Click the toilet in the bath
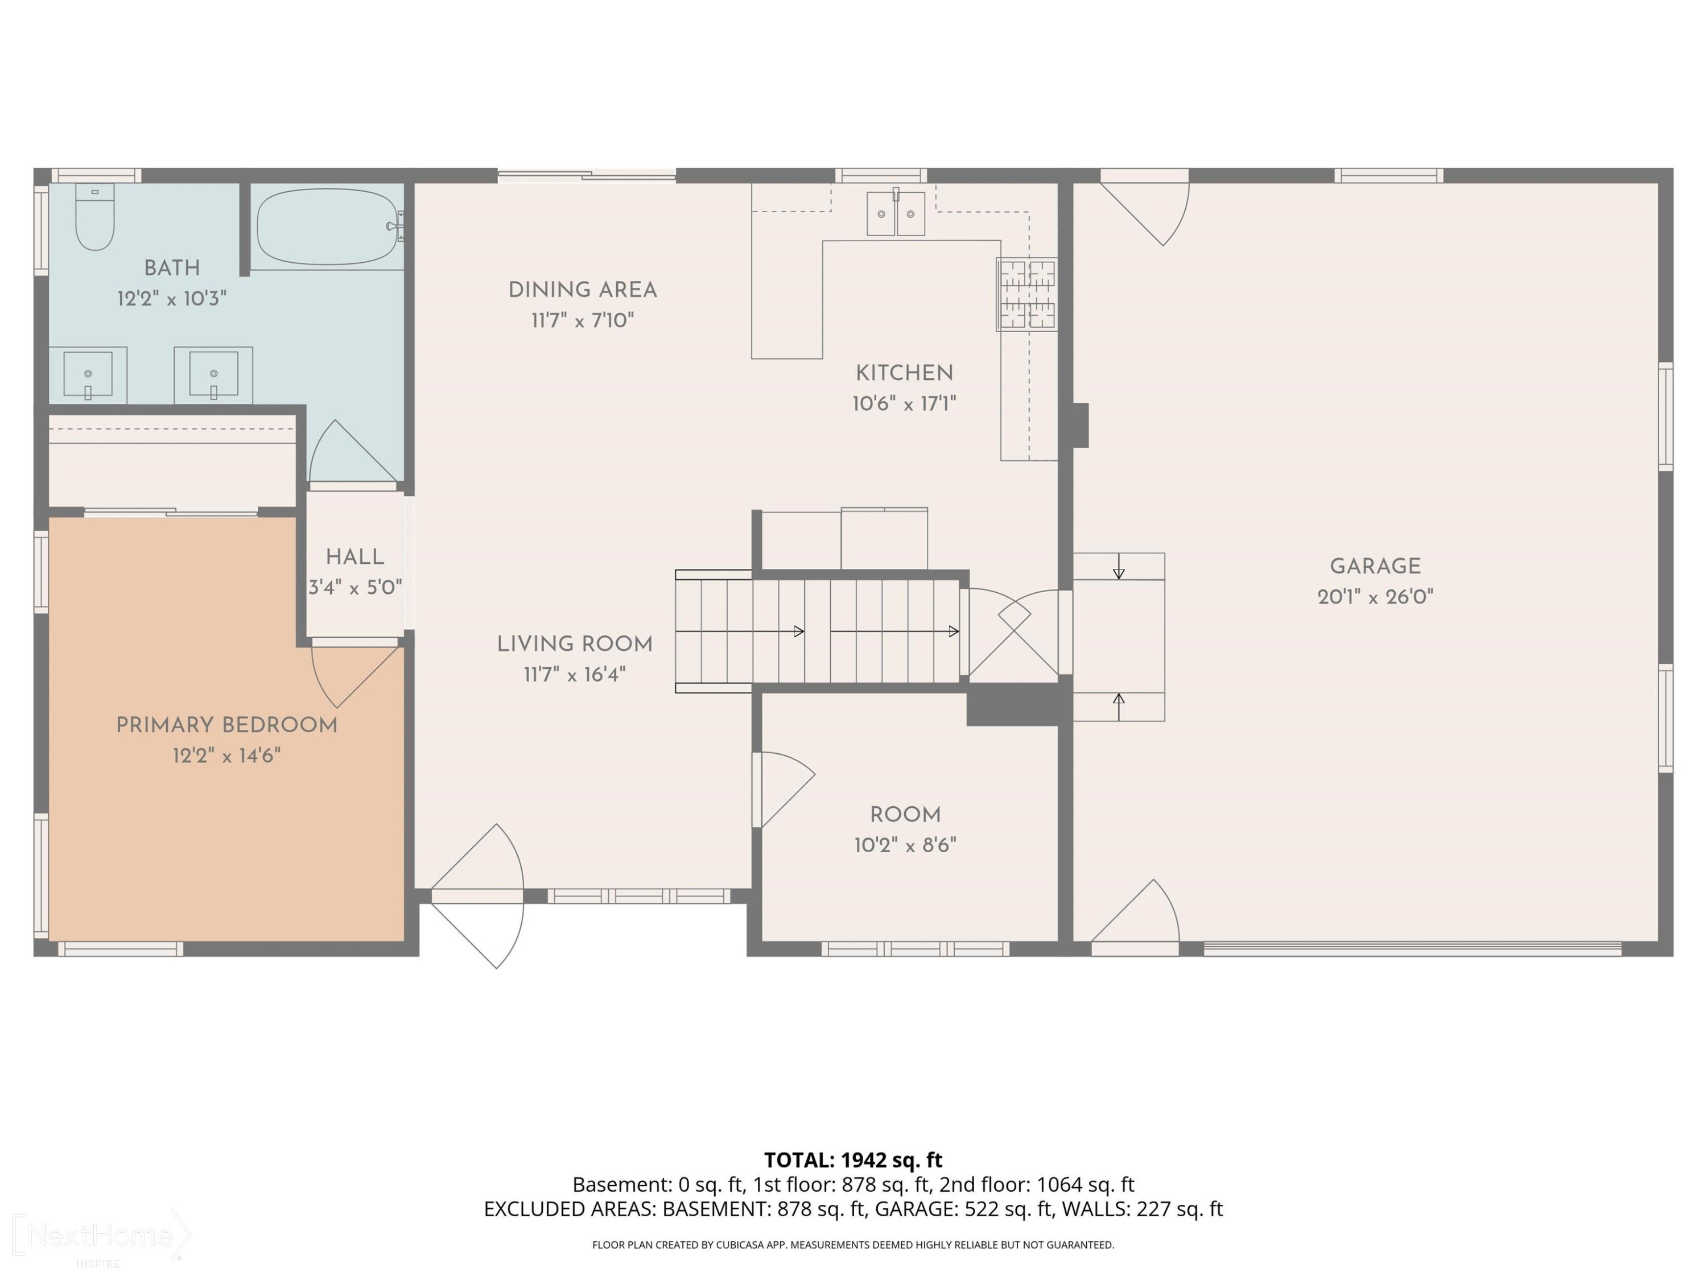point(95,217)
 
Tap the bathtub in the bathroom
point(327,227)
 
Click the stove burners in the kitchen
point(1027,295)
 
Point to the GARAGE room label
point(1375,566)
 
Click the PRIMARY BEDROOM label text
point(227,725)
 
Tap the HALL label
point(355,557)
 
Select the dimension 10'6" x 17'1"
point(905,403)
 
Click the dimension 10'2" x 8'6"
point(905,845)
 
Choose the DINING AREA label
point(583,290)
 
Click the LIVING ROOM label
point(575,644)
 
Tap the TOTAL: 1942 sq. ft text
point(853,1159)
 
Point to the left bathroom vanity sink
point(88,375)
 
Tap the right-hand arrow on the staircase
point(895,631)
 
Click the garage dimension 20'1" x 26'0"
point(1375,596)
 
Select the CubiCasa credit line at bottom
point(853,1245)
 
